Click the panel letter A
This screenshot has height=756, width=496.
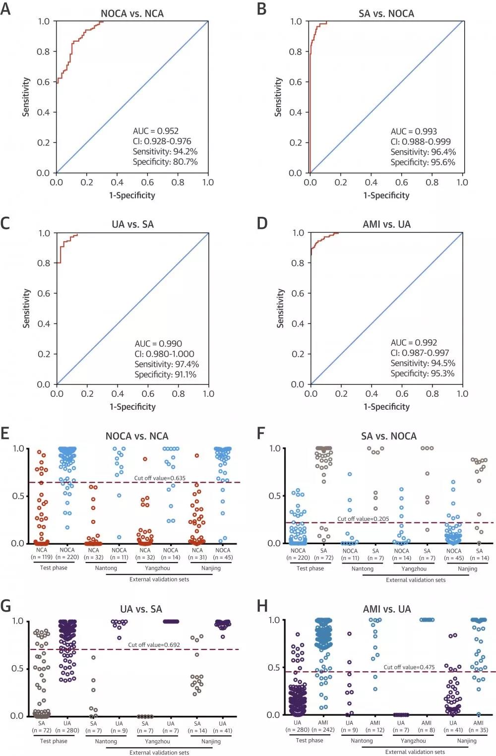coord(5,9)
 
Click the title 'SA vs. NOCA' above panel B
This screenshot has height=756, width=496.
coord(386,14)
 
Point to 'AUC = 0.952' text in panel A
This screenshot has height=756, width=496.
coord(155,131)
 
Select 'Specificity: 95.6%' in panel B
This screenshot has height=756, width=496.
coord(423,162)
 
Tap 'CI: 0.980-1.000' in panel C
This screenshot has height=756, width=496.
coord(164,354)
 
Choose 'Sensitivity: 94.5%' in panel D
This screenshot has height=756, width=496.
coord(423,363)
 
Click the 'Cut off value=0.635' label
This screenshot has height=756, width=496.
coord(160,478)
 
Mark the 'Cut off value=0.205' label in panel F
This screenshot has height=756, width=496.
coord(363,519)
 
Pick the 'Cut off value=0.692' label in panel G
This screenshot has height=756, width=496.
coord(154,645)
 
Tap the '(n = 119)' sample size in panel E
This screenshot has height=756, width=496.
coord(42,557)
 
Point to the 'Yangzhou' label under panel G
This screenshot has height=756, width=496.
coord(157,741)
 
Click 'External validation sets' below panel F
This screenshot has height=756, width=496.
coord(416,580)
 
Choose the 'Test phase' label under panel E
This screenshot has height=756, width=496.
coord(54,568)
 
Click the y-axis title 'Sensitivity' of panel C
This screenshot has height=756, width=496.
coord(26,308)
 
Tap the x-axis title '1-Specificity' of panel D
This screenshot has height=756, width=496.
coord(386,407)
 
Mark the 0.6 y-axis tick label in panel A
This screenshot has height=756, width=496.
coord(44,82)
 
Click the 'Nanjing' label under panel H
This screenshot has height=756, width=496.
coord(467,741)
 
